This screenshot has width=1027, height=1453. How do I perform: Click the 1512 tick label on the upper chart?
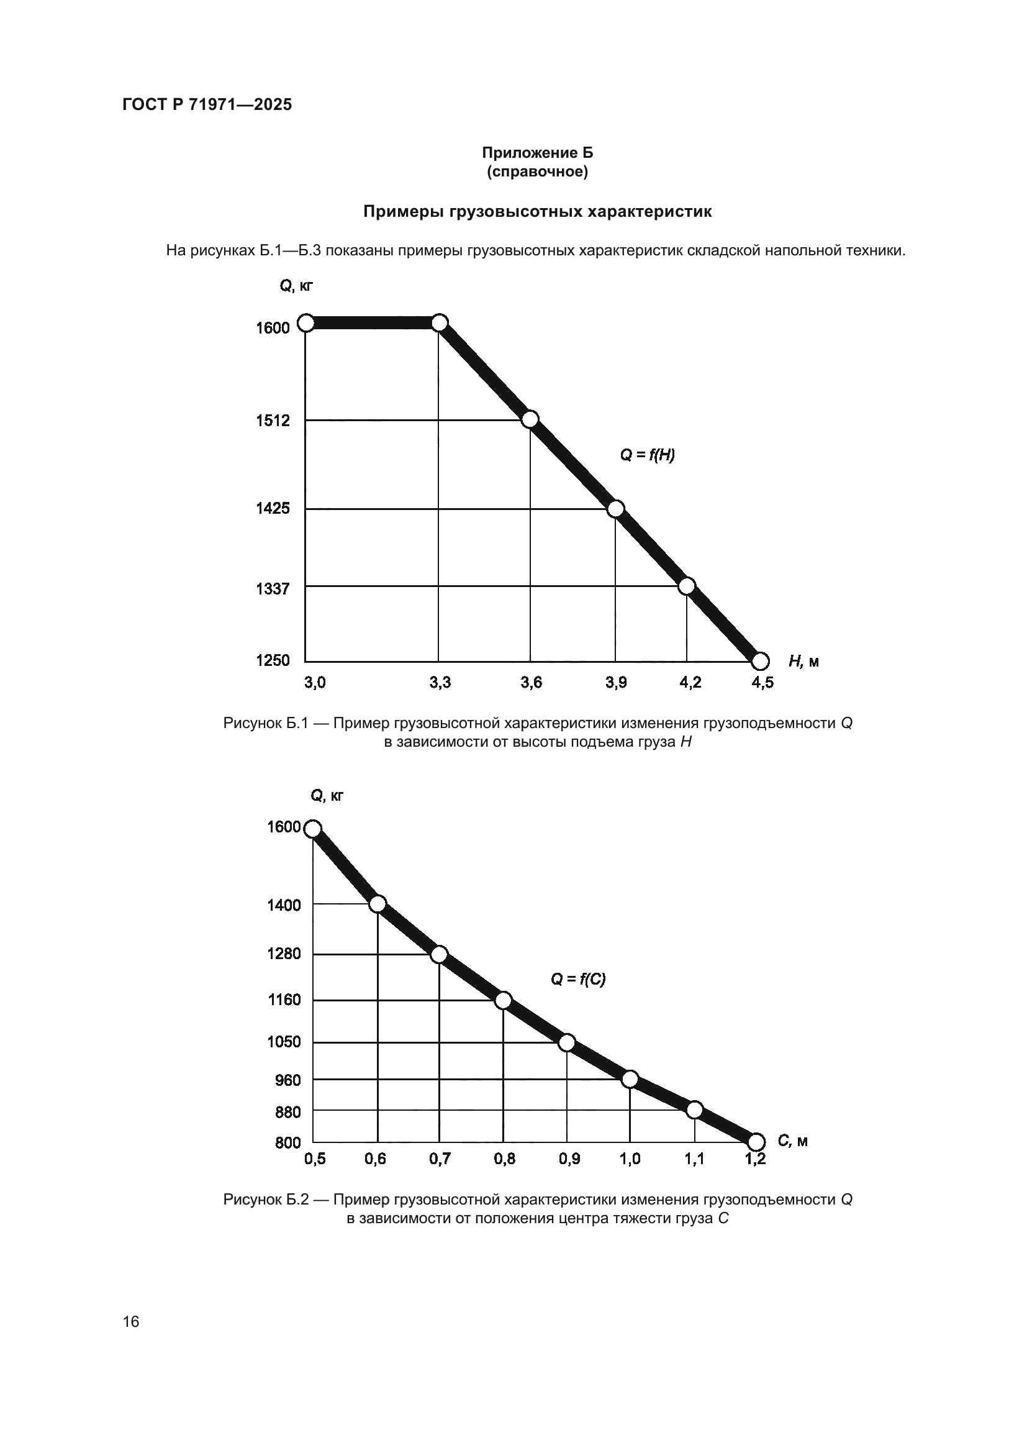[273, 421]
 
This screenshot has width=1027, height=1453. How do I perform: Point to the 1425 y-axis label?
[273, 508]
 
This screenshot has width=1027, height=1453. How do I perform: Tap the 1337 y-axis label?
[273, 589]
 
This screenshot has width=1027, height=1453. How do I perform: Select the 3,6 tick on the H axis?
[532, 682]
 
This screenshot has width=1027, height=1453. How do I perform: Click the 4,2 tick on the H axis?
[690, 682]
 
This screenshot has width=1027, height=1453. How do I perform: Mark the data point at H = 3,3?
[440, 324]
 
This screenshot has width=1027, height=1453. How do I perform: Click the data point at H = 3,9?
[615, 509]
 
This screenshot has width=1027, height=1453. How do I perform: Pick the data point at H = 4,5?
[760, 662]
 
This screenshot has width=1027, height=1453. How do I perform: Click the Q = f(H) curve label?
[647, 454]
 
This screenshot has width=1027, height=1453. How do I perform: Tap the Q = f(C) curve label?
[578, 980]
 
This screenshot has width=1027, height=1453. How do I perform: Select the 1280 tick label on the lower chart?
[284, 954]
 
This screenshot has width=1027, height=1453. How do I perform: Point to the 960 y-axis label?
[287, 1080]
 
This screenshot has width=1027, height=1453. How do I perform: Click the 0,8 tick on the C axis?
[505, 1159]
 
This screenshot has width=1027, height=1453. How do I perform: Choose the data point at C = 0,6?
[378, 904]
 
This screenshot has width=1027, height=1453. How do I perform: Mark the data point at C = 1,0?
[630, 1079]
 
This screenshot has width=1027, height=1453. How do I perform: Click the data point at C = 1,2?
[756, 1142]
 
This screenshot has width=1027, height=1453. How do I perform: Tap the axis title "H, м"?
[803, 662]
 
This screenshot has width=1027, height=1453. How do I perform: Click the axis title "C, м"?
[792, 1141]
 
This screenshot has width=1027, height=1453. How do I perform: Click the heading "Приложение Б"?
[538, 153]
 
